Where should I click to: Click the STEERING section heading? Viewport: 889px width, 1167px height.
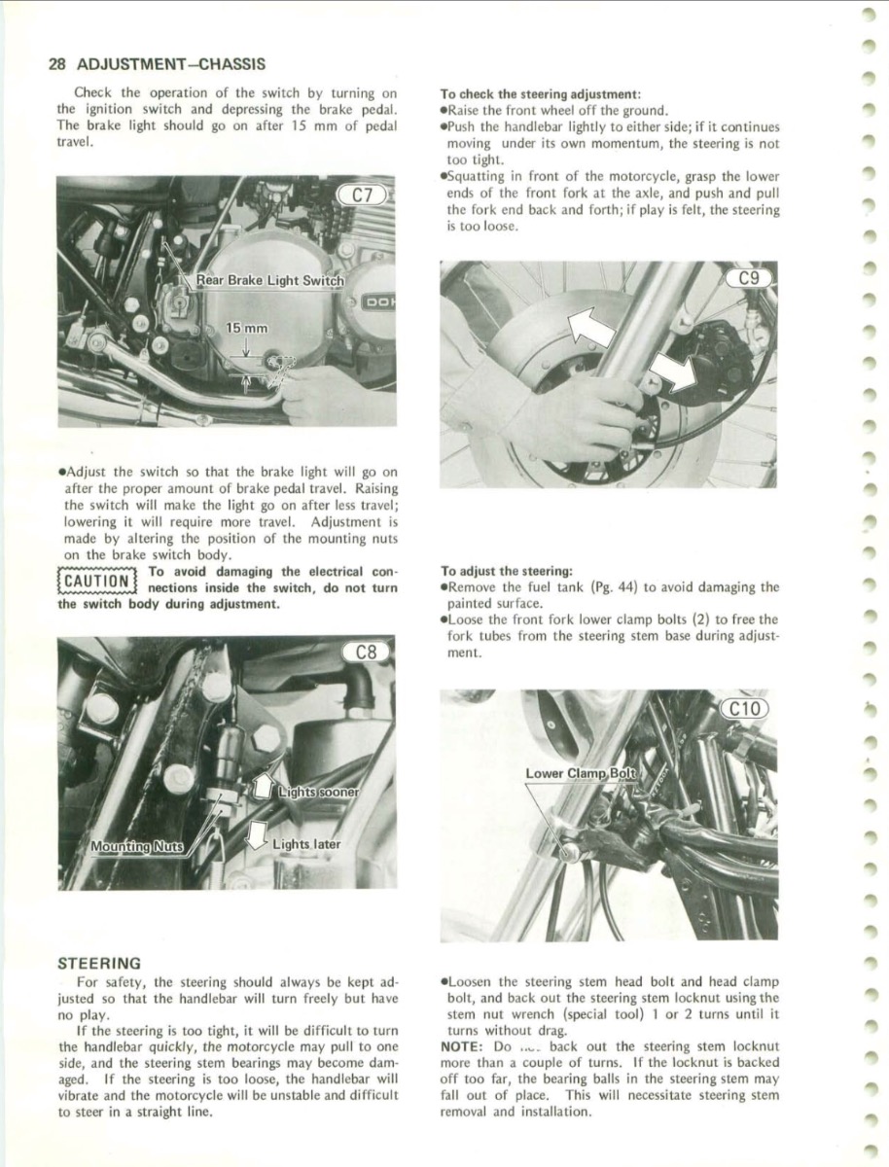(99, 963)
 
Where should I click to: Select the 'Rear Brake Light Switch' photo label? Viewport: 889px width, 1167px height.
(269, 280)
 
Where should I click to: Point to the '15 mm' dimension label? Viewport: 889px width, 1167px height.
(247, 330)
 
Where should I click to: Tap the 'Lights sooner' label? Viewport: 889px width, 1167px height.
(317, 792)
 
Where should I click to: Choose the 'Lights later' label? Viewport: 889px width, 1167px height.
(306, 843)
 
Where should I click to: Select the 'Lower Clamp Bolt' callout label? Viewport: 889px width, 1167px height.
(580, 773)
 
